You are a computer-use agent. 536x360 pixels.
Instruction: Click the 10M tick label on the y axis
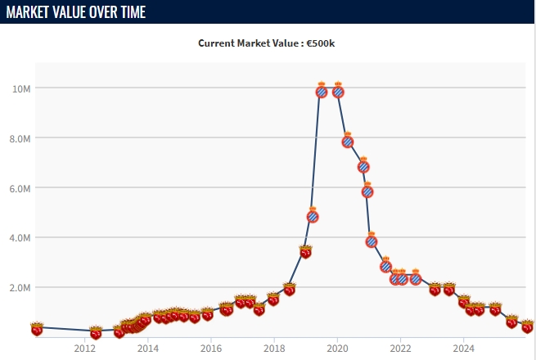tap(22, 88)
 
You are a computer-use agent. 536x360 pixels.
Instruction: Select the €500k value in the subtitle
tap(319, 43)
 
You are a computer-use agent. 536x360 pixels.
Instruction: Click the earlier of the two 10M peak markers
tap(322, 91)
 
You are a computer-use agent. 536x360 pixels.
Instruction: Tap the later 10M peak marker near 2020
tap(337, 91)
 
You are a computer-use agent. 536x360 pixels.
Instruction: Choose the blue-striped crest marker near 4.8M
tap(313, 216)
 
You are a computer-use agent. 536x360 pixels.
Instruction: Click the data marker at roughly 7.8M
tap(347, 141)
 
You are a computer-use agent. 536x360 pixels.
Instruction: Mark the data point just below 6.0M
tap(367, 191)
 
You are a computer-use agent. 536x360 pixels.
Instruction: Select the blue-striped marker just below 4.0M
tap(371, 241)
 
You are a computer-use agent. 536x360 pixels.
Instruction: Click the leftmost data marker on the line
tap(37, 329)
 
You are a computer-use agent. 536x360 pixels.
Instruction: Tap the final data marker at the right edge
tap(528, 327)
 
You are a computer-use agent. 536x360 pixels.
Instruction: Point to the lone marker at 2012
tap(95, 332)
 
